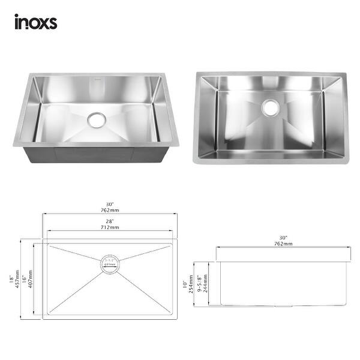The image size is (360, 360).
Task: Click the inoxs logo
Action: pyautogui.click(x=35, y=22)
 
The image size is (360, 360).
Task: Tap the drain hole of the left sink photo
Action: pyautogui.click(x=96, y=119)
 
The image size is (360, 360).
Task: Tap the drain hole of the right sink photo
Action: pyautogui.click(x=271, y=109)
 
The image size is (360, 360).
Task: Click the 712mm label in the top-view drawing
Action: pyautogui.click(x=110, y=227)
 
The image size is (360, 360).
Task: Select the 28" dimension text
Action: pyautogui.click(x=110, y=221)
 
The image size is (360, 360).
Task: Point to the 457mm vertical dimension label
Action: pyautogui.click(x=18, y=280)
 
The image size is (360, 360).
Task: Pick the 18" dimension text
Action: pyautogui.click(x=11, y=280)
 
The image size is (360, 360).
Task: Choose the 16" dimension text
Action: pyautogui.click(x=25, y=280)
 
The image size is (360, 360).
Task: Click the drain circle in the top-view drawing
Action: pyautogui.click(x=110, y=263)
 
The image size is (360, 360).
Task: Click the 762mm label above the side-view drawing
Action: pyautogui.click(x=283, y=244)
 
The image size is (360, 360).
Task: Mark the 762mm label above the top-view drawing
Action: pyautogui.click(x=110, y=211)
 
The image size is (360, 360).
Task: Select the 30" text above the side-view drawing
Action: pyautogui.click(x=283, y=238)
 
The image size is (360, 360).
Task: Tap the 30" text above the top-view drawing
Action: pyautogui.click(x=110, y=204)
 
